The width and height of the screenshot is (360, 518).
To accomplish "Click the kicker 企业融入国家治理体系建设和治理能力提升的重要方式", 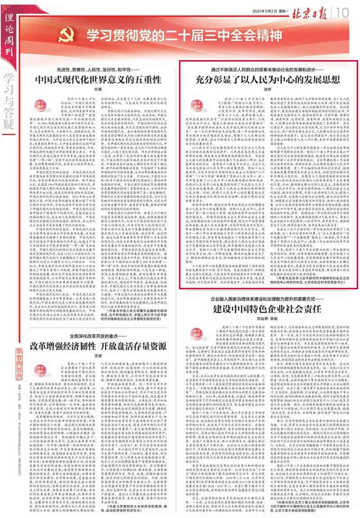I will pos(265,300).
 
